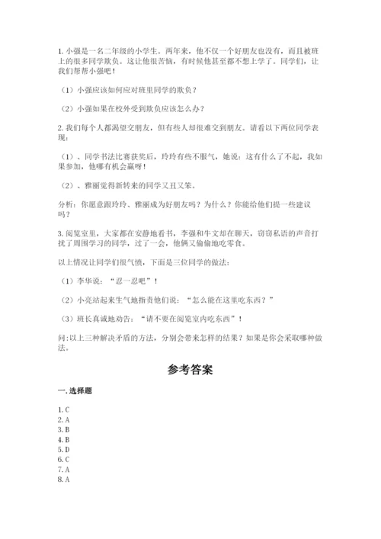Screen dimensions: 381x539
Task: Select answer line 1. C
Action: [64, 410]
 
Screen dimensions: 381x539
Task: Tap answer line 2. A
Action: [64, 420]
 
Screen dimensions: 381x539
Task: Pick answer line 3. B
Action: [64, 430]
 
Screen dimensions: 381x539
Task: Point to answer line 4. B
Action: [64, 440]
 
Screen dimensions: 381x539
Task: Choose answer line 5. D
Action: [64, 450]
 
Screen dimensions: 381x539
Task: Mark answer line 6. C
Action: [64, 460]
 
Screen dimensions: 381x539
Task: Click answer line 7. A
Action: [64, 470]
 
